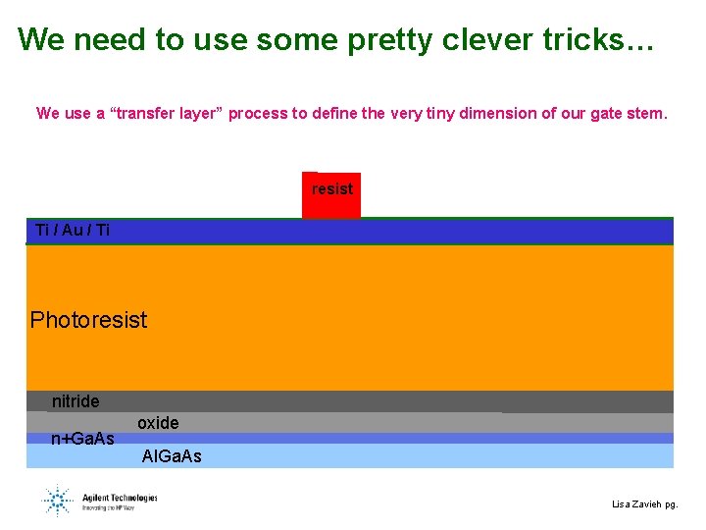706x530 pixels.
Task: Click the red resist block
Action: point(331,194)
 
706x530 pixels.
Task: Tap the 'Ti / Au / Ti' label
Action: point(73,230)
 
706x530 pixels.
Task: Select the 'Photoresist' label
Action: point(88,320)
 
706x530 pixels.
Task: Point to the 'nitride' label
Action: point(76,401)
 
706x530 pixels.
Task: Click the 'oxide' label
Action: point(158,423)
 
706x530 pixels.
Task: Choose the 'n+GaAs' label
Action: point(82,438)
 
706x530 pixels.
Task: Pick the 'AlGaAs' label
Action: point(172,456)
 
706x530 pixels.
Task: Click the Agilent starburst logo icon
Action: point(57,500)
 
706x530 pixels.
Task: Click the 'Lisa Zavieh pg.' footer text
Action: point(644,504)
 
